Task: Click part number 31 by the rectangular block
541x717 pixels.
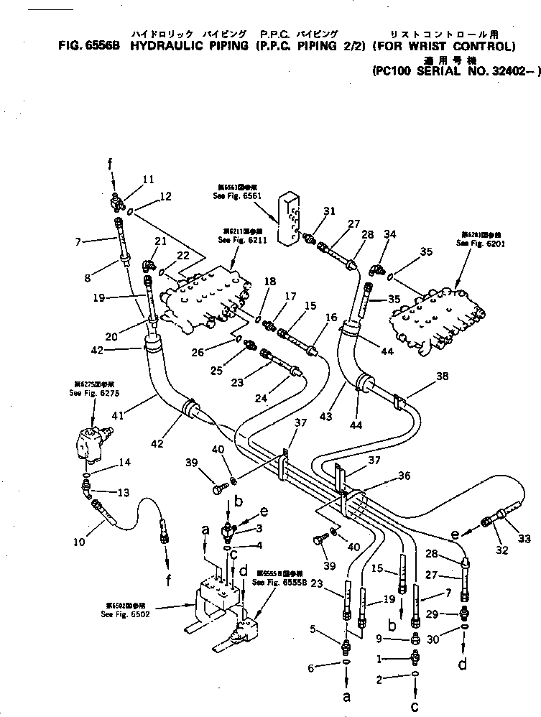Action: [329, 211]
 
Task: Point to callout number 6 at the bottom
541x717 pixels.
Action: [311, 668]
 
